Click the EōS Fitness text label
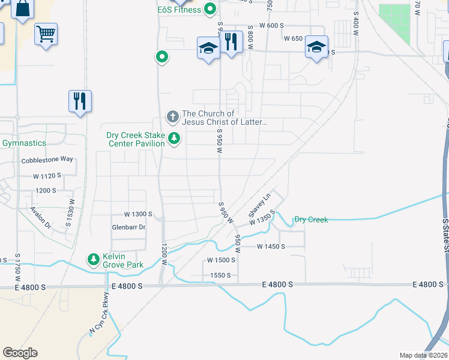coord(179,10)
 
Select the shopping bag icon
coord(22,9)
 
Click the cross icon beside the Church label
coord(172,115)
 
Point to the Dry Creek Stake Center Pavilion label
coord(136,139)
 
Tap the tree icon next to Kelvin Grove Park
coord(93,260)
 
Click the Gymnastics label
coord(24,143)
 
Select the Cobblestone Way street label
coord(47,160)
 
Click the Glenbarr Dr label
coord(128,227)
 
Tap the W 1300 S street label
coord(139,214)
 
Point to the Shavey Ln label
coord(260,205)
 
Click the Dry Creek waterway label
coord(311,220)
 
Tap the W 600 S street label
coord(271,25)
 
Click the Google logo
coord(20,353)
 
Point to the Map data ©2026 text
coord(421,355)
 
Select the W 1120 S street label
coord(47,176)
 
